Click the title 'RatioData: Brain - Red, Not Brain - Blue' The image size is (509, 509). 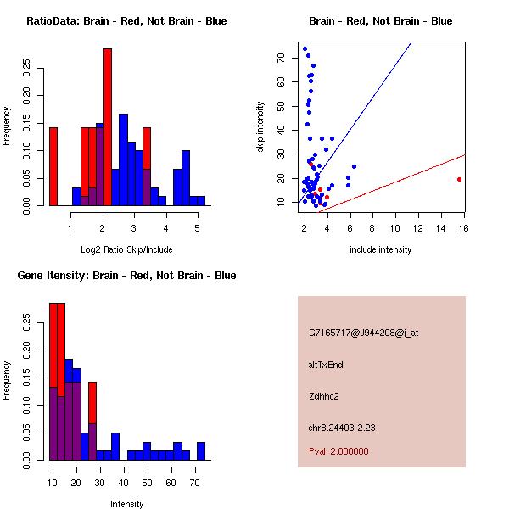pyautogui.click(x=126, y=21)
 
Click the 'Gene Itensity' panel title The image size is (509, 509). pyautogui.click(x=126, y=276)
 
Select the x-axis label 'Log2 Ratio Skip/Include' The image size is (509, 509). pyautogui.click(x=126, y=249)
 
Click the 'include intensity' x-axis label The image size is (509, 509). pyautogui.click(x=381, y=249)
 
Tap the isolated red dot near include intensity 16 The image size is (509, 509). pyautogui.click(x=459, y=179)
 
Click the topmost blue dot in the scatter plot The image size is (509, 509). pyautogui.click(x=305, y=48)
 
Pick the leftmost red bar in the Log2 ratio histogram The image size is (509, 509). pyautogui.click(x=53, y=166)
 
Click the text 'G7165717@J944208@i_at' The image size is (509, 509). pyautogui.click(x=364, y=333)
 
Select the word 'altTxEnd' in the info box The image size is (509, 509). pyautogui.click(x=326, y=365)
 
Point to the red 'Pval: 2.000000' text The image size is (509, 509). pyautogui.click(x=338, y=451)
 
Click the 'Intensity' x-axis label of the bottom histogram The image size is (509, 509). pyautogui.click(x=127, y=504)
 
